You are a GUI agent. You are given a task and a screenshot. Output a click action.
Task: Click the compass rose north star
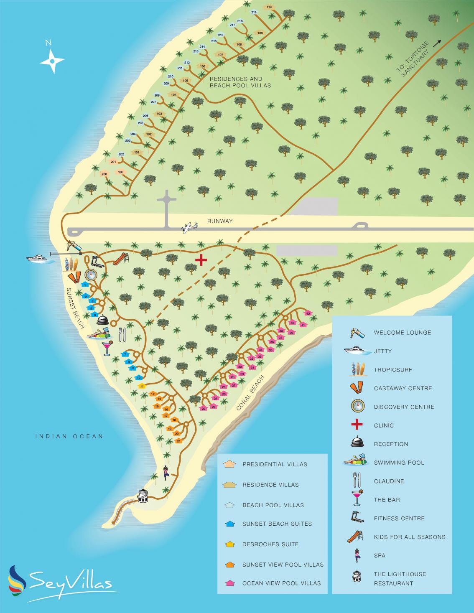click(52, 61)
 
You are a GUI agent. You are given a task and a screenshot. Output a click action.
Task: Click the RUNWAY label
click(219, 221)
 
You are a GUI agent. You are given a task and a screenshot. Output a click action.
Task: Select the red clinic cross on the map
click(201, 260)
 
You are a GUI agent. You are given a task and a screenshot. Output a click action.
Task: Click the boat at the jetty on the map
click(39, 259)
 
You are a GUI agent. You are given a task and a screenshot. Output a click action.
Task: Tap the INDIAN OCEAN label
click(69, 436)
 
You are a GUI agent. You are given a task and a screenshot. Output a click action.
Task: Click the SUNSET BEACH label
click(76, 308)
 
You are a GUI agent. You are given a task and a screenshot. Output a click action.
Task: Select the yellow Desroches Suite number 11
click(142, 386)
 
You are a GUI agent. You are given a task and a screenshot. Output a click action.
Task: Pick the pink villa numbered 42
click(308, 313)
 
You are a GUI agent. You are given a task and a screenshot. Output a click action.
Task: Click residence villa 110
click(269, 7)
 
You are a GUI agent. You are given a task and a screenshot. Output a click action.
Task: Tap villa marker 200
click(104, 174)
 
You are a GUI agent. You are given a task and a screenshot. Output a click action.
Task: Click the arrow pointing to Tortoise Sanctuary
click(437, 43)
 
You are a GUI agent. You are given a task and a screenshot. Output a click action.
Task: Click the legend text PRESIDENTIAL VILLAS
click(275, 464)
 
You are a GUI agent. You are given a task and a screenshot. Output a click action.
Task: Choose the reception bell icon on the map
click(103, 320)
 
